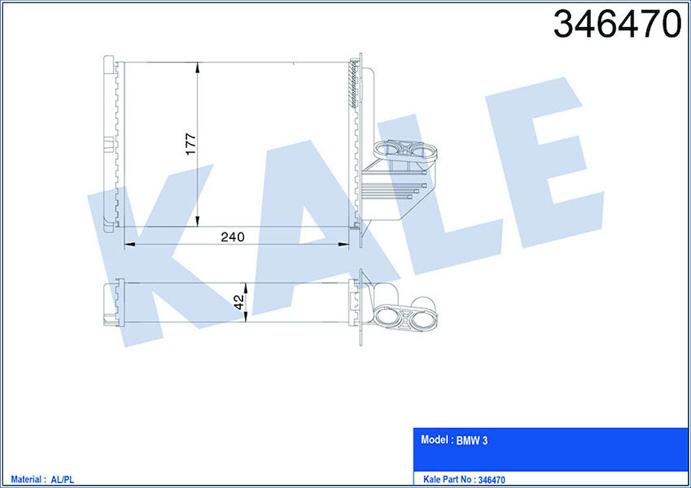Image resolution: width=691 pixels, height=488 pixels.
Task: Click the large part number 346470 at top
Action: tap(617, 25)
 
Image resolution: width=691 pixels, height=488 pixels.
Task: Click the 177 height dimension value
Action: tap(191, 144)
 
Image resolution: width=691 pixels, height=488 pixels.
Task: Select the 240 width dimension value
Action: tap(232, 237)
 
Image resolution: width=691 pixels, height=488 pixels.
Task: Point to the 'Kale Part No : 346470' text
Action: tap(464, 479)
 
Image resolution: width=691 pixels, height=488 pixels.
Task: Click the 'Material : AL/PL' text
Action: tap(43, 479)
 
